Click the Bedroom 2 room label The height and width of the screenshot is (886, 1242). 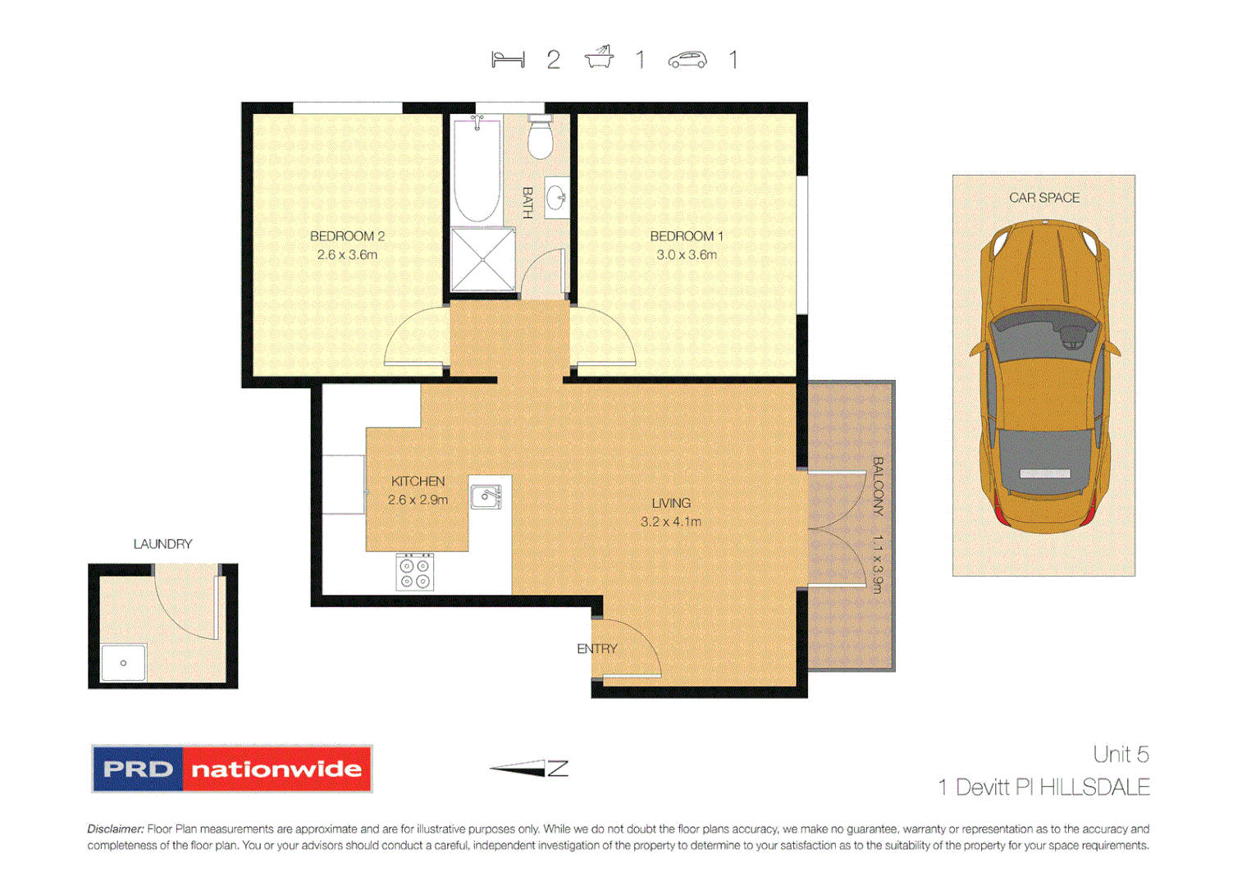coord(347,236)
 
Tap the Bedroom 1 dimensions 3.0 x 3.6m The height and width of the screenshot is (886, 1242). coord(686,255)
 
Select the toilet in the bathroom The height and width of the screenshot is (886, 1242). coord(540,137)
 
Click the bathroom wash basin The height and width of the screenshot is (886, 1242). coord(557,198)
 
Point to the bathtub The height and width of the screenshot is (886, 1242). coord(477,170)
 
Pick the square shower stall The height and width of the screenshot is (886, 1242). coord(483,259)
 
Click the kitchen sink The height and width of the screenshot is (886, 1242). coord(486,496)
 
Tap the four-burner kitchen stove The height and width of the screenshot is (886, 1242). coord(415,572)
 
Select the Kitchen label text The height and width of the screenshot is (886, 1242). coord(418,482)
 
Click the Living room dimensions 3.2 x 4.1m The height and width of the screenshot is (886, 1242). coord(670,522)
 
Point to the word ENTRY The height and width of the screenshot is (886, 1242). coord(596,649)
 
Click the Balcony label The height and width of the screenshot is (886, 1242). coord(878,486)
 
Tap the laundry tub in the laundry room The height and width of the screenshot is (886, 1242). coord(123,663)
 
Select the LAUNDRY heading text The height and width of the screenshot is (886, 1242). coord(162,544)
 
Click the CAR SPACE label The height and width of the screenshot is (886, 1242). coord(1043,198)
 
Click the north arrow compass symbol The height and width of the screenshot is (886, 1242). coord(529,769)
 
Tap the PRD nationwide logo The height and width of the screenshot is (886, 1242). coord(231,769)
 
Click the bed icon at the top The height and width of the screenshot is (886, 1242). coord(508,60)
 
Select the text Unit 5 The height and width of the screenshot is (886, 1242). coord(1120,754)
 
